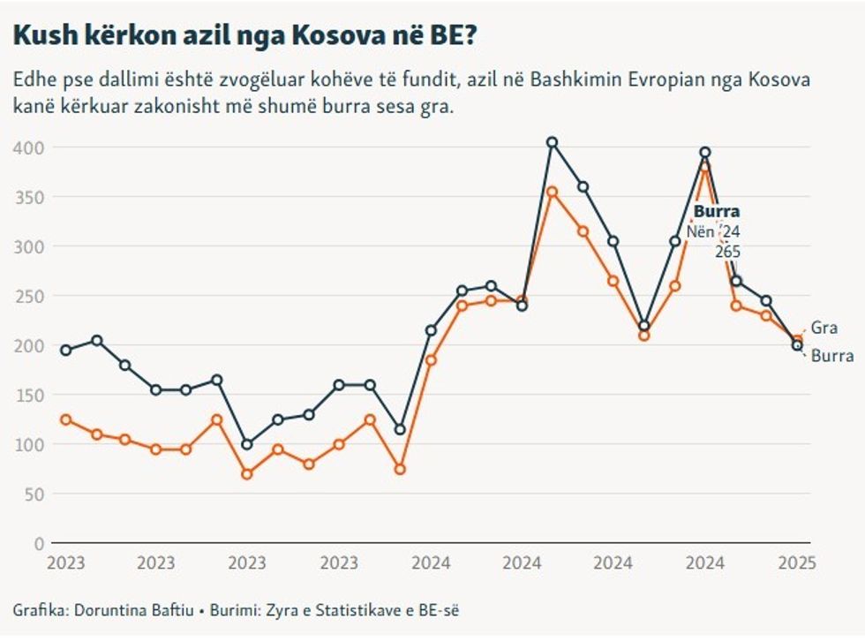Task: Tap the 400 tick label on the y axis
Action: [x=33, y=147]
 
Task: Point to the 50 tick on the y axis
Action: [x=36, y=494]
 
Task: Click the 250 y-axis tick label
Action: [x=33, y=295]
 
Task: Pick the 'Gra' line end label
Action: [x=824, y=328]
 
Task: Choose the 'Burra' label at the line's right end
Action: [x=831, y=357]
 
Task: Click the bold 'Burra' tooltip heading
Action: [x=717, y=212]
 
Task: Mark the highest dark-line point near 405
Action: [x=553, y=142]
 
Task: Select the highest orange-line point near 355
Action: [x=553, y=192]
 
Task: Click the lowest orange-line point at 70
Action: [x=247, y=474]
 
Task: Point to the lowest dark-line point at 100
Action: [x=247, y=444]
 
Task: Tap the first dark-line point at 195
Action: [x=64, y=351]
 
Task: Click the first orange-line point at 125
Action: [x=64, y=419]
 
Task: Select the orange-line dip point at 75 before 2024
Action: [x=400, y=469]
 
